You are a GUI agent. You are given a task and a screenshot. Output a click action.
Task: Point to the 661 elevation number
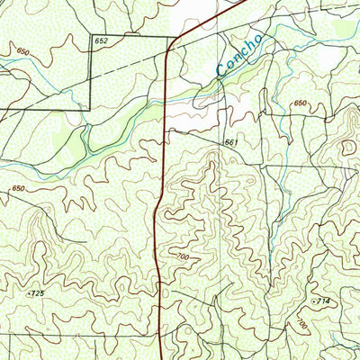pyautogui.click(x=231, y=143)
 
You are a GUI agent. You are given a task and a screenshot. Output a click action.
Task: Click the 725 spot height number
pyautogui.click(x=38, y=293)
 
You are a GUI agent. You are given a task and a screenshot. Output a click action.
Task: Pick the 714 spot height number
pyautogui.click(x=323, y=299)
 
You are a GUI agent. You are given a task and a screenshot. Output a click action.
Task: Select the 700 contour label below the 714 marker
pyautogui.click(x=302, y=322)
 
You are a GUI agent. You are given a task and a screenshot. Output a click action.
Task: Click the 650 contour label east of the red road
pyautogui.click(x=299, y=104)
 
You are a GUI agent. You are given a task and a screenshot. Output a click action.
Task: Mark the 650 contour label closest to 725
pyautogui.click(x=18, y=188)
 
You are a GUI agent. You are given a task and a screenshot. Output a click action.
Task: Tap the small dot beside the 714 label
pyautogui.click(x=313, y=299)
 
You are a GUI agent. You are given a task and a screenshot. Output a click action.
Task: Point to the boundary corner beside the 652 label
pyautogui.click(x=89, y=37)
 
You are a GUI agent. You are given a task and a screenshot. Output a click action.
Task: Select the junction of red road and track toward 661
pyautogui.click(x=165, y=131)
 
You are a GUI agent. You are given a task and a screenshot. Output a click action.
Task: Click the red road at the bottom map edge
pyautogui.click(x=160, y=357)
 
